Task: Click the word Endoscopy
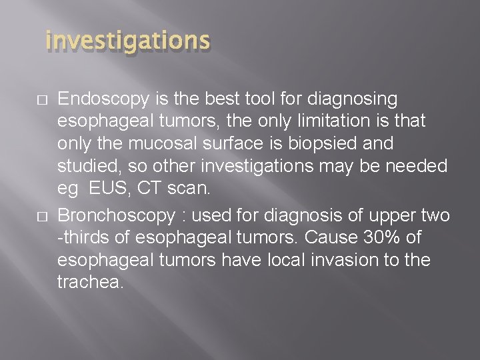97,100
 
